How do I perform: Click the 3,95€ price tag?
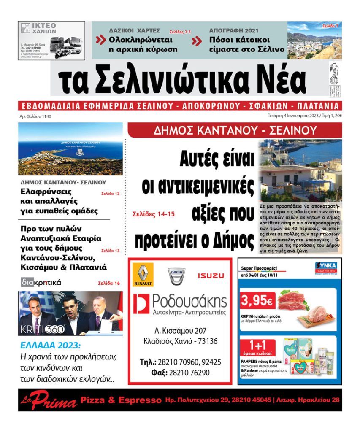click(x=257, y=301)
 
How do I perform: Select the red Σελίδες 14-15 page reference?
click(x=153, y=214)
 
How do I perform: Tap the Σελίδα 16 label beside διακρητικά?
click(x=109, y=283)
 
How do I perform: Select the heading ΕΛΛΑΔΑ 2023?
click(x=50, y=345)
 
